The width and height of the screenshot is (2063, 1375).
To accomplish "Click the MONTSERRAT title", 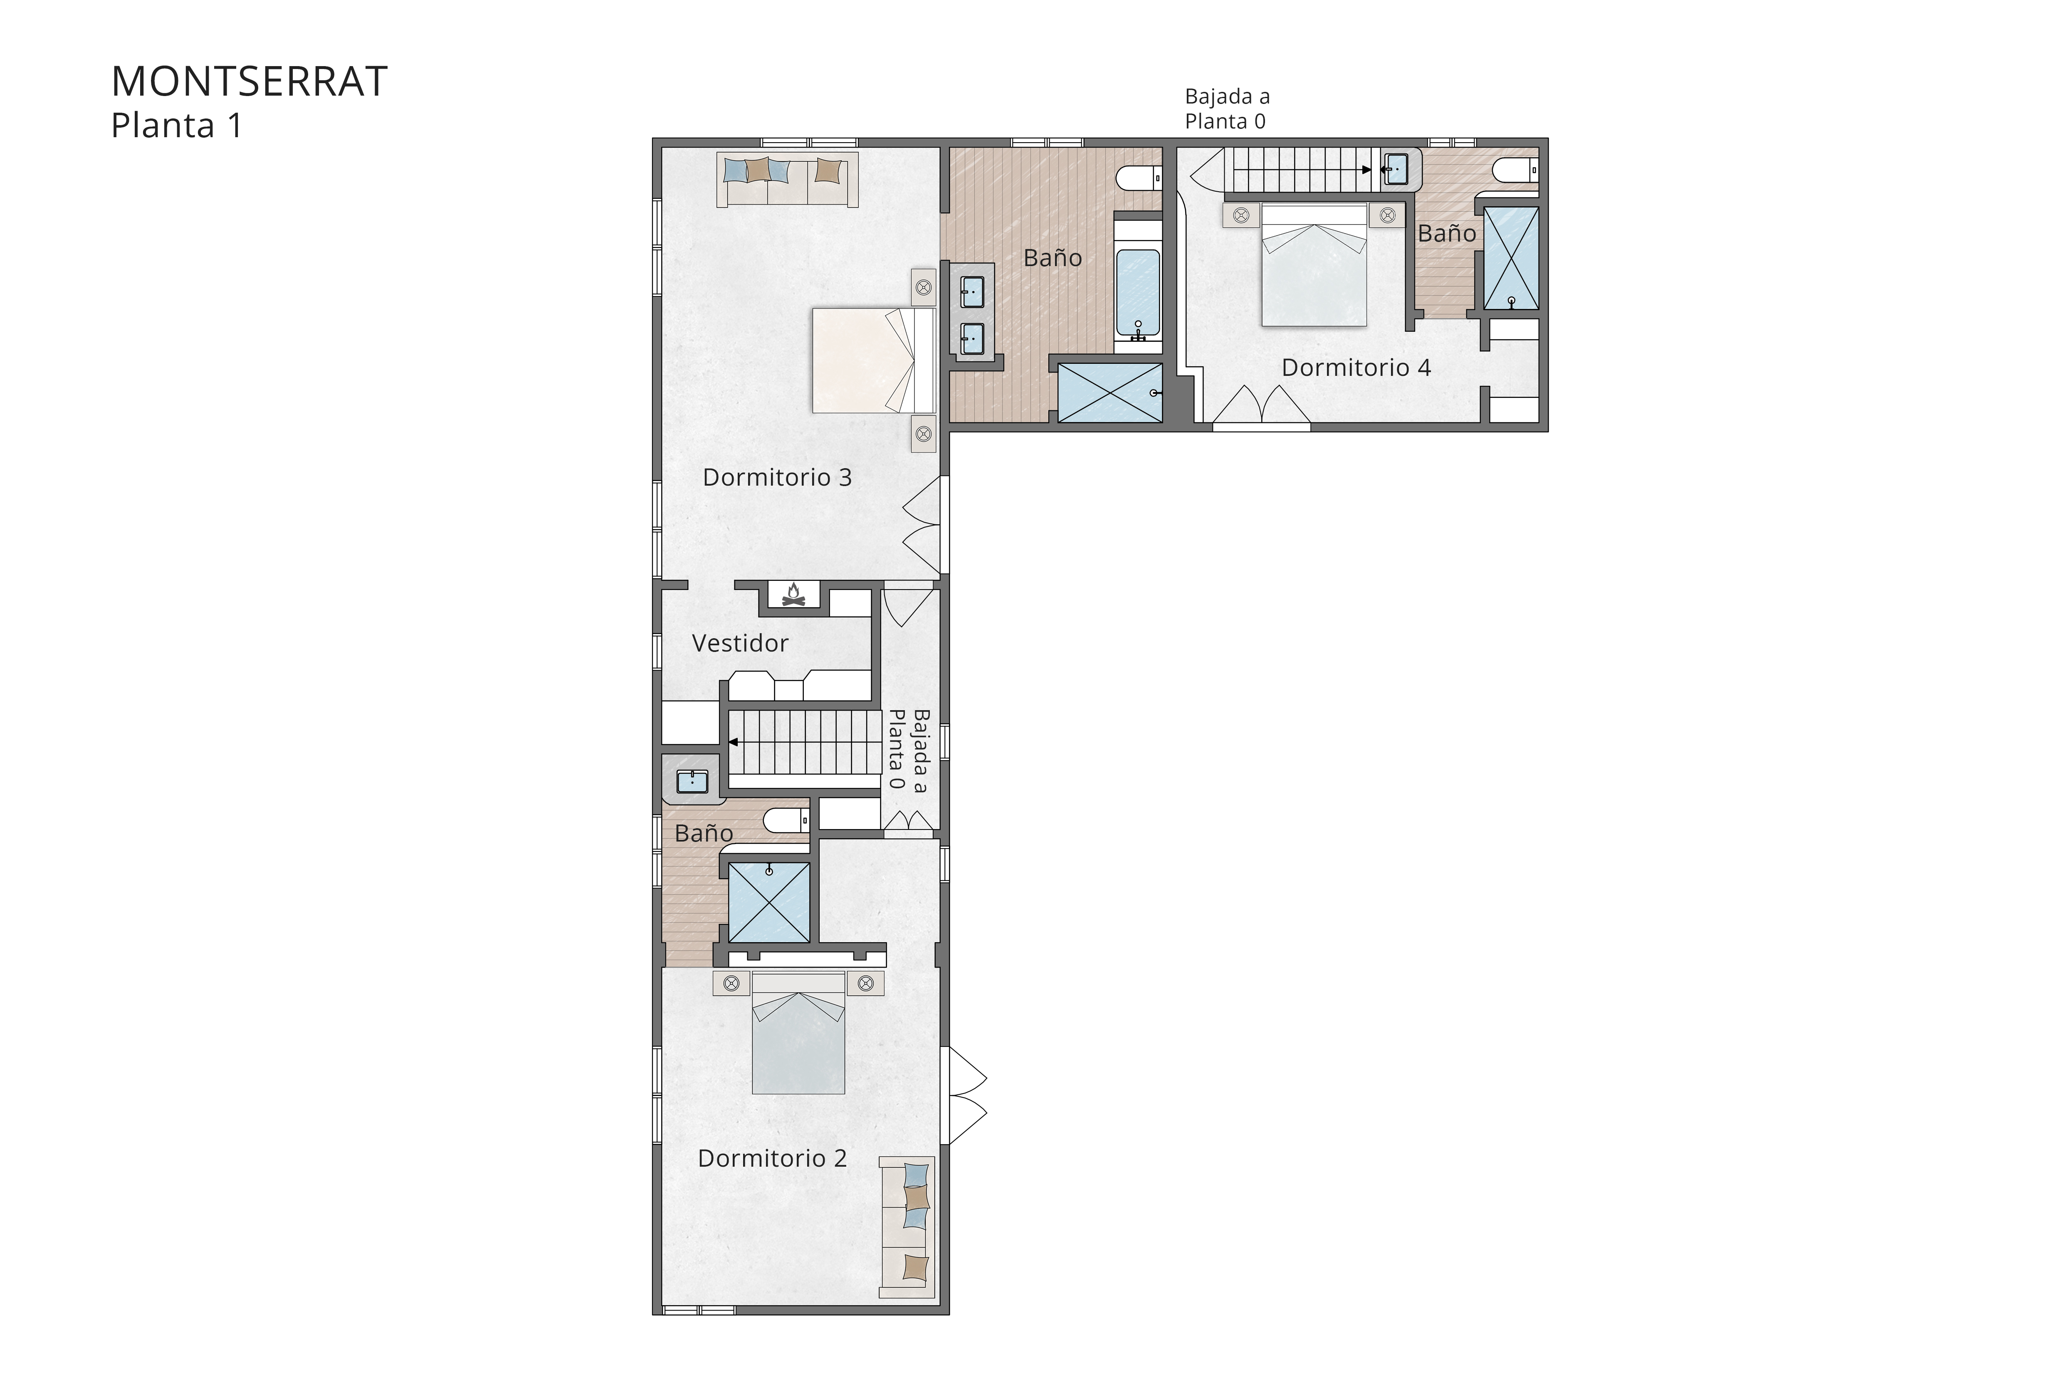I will tap(249, 81).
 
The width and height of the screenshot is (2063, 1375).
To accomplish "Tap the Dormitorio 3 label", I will tap(777, 477).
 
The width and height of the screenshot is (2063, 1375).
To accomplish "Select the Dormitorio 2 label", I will tap(772, 1158).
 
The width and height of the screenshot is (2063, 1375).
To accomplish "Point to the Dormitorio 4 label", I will tap(1356, 368).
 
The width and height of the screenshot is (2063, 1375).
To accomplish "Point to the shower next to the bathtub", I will tap(1109, 393).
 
